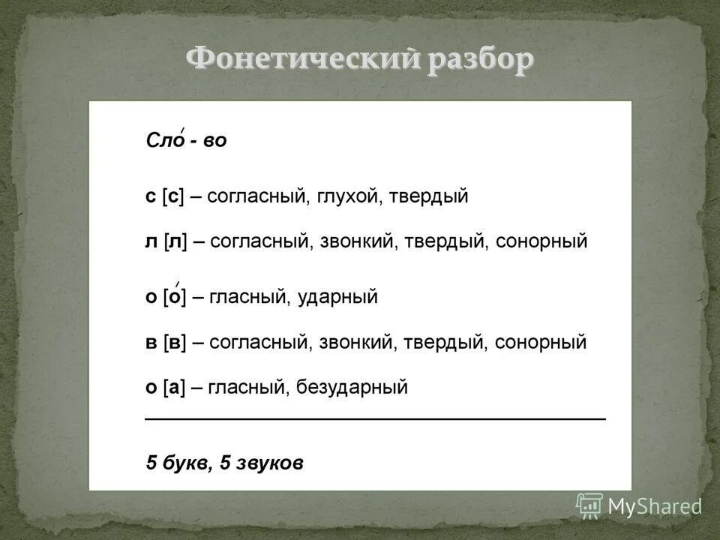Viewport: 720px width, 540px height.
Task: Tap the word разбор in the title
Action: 480,59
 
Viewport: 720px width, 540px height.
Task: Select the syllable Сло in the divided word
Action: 164,140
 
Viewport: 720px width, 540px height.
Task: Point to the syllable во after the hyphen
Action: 214,140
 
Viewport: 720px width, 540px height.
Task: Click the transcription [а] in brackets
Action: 173,388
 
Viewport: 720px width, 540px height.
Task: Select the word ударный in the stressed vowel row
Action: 337,297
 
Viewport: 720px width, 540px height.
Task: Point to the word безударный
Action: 352,388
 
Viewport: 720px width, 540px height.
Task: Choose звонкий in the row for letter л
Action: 356,241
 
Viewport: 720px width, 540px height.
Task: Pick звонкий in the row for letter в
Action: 356,343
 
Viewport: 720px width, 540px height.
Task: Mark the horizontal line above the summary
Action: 375,417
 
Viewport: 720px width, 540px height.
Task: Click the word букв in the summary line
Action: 184,463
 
